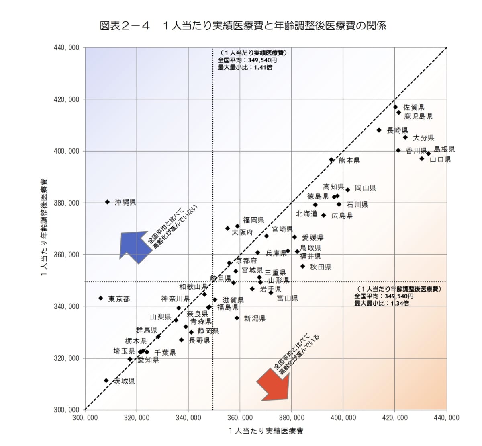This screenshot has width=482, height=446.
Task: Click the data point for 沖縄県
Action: (107, 202)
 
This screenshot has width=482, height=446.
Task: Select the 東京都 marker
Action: (101, 298)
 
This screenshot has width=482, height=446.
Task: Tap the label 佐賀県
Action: (414, 107)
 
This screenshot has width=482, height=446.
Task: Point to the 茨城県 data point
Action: (106, 380)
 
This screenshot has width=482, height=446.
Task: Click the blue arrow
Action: (135, 246)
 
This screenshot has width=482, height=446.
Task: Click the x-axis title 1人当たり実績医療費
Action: (266, 431)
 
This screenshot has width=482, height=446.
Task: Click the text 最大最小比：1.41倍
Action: (245, 68)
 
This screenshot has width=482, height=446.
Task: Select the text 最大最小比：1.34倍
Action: (382, 303)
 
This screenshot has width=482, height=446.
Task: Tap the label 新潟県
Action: (255, 319)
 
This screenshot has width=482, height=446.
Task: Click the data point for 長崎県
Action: (379, 130)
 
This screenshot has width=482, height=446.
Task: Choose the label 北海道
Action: (306, 214)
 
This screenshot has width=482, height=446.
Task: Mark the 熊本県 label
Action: (349, 160)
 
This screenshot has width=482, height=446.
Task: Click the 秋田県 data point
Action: (303, 266)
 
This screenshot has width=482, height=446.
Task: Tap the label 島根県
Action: (444, 149)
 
